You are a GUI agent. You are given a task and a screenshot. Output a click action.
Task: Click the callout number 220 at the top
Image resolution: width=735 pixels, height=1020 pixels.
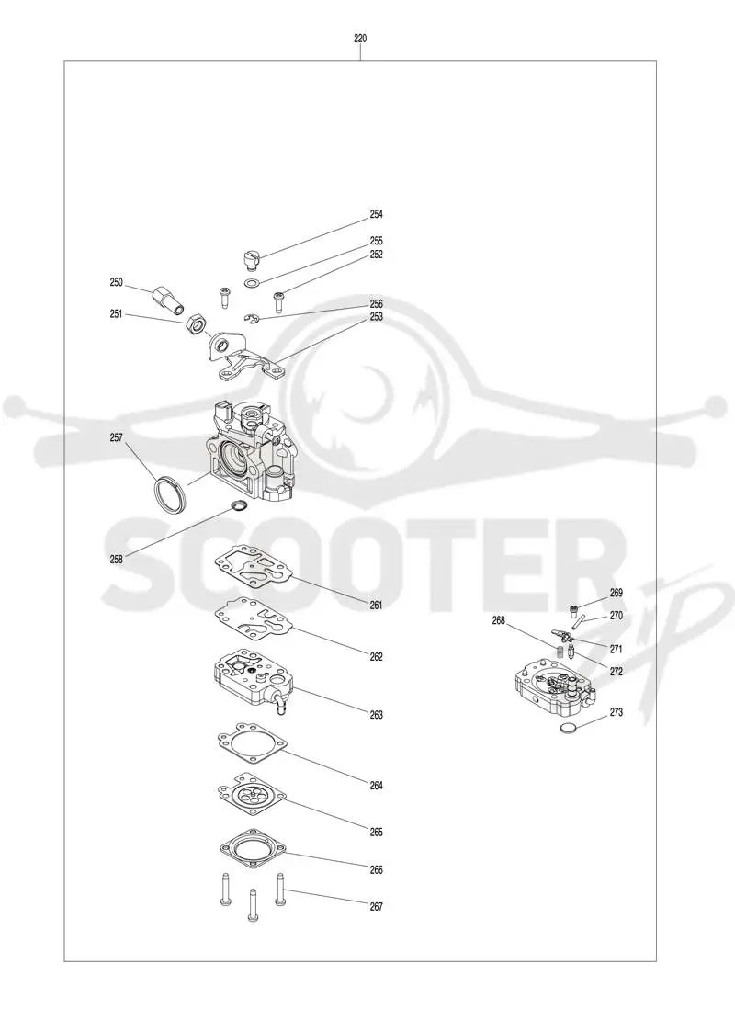click(360, 39)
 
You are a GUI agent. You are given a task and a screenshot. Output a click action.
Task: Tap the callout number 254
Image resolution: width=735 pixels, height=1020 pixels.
click(376, 214)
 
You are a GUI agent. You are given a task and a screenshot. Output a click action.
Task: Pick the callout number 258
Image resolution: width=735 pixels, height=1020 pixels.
click(116, 559)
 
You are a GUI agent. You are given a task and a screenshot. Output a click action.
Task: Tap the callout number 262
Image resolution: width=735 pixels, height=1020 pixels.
click(376, 657)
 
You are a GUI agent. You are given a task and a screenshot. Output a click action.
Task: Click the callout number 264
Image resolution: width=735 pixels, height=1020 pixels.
click(376, 786)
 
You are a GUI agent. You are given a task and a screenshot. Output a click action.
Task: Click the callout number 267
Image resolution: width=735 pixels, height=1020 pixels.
click(376, 907)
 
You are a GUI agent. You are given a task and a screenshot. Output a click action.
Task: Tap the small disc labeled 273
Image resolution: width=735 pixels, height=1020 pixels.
click(569, 728)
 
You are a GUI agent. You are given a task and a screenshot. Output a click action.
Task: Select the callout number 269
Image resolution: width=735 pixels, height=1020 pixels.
click(616, 594)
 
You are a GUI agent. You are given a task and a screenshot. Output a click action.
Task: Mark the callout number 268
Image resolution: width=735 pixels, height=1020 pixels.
click(498, 621)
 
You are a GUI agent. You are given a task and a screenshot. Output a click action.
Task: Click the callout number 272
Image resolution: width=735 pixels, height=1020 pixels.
click(616, 672)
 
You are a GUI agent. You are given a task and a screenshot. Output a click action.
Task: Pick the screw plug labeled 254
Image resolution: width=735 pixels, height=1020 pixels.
click(251, 257)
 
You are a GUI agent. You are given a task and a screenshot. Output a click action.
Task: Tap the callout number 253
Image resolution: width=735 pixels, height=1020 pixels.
click(376, 317)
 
